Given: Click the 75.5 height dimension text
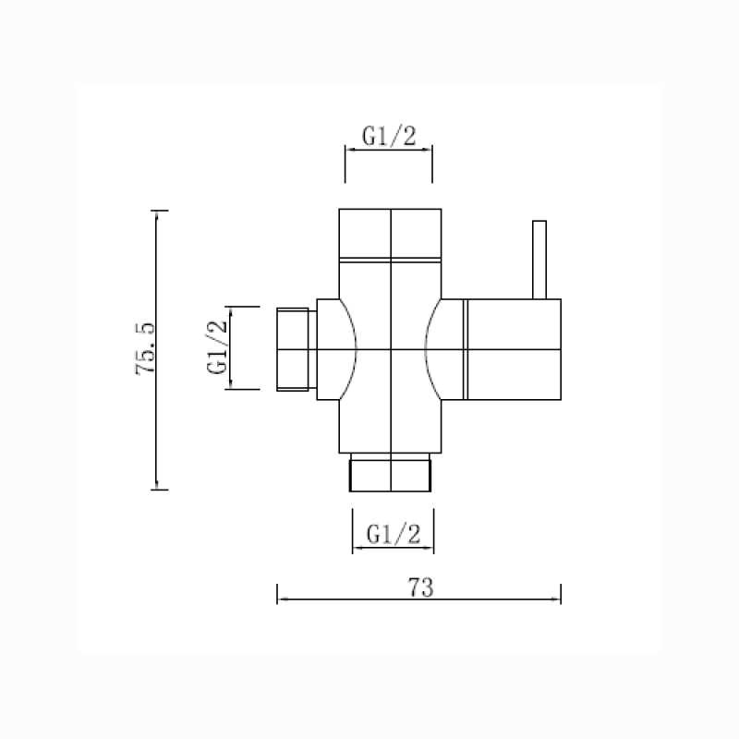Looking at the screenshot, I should point(146,349).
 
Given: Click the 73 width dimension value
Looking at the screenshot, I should point(420,585).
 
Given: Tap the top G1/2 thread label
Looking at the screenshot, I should point(389,137).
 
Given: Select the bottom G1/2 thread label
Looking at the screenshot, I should point(394,534).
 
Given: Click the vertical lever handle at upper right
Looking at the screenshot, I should point(539,260).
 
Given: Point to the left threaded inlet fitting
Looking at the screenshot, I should point(296,350).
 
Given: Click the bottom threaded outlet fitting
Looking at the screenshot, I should point(392,473).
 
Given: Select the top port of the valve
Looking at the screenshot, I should point(391,234).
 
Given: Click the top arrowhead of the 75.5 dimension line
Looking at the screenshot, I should point(157,215).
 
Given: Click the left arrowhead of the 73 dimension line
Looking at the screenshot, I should point(282,599).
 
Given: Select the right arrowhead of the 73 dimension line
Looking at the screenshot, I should point(557,599).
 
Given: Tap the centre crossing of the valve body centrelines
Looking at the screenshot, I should point(392,351).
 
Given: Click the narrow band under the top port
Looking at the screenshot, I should point(391,261).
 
